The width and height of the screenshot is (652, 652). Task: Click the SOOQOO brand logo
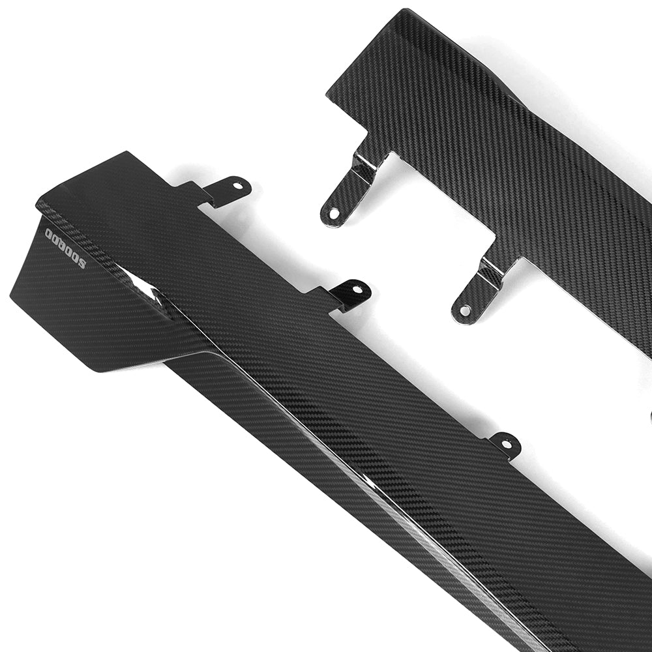[x=65, y=247]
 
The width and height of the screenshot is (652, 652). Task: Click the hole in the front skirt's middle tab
[x=358, y=288]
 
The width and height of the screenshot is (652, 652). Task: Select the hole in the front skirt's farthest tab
[x=507, y=443]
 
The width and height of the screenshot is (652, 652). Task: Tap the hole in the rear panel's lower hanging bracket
[x=465, y=310]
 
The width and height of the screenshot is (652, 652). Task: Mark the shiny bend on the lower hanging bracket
[x=490, y=271]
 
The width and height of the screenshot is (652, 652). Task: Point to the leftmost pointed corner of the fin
[x=11, y=297]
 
